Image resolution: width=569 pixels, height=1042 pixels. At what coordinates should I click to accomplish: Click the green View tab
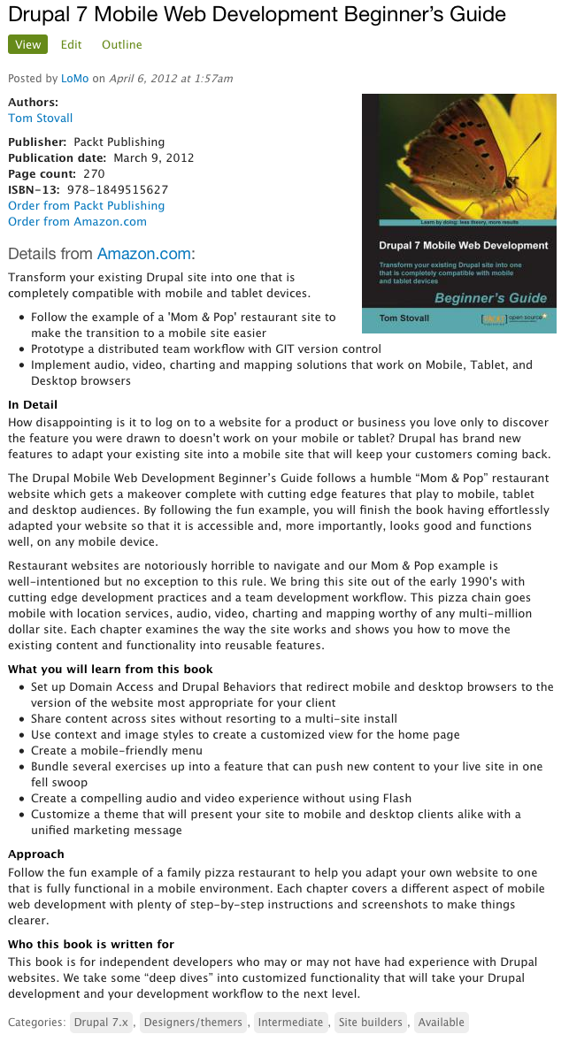click(27, 45)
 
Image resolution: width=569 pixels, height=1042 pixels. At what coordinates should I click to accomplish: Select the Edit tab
click(72, 45)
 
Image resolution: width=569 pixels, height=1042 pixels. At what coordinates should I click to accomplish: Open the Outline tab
click(121, 45)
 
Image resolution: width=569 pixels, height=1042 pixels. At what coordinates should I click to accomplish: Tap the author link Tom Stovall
click(41, 118)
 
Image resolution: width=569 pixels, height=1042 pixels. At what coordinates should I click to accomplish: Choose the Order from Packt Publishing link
click(86, 205)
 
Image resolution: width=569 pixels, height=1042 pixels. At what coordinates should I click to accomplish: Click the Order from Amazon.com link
click(77, 221)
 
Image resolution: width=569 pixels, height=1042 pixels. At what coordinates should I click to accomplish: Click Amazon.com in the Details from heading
click(143, 254)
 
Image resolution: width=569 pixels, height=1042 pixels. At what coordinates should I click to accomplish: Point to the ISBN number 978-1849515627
click(118, 189)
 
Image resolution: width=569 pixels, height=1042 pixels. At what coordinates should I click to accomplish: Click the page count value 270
click(94, 173)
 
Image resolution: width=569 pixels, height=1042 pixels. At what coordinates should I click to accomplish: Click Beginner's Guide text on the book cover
click(490, 298)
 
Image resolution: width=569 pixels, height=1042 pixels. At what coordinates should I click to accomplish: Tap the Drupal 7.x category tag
click(101, 1022)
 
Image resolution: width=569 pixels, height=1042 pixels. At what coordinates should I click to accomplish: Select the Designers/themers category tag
click(193, 1022)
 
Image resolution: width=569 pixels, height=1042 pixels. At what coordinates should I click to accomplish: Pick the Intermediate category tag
click(291, 1022)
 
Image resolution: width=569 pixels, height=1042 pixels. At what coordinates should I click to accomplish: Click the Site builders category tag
click(371, 1022)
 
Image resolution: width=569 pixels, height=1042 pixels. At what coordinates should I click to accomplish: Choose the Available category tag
click(441, 1022)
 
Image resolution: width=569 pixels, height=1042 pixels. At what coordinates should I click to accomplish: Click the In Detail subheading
click(33, 404)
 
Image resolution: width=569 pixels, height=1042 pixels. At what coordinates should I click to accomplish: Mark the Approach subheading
click(36, 854)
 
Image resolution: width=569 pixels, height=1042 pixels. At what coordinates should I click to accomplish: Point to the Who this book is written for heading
click(91, 944)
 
